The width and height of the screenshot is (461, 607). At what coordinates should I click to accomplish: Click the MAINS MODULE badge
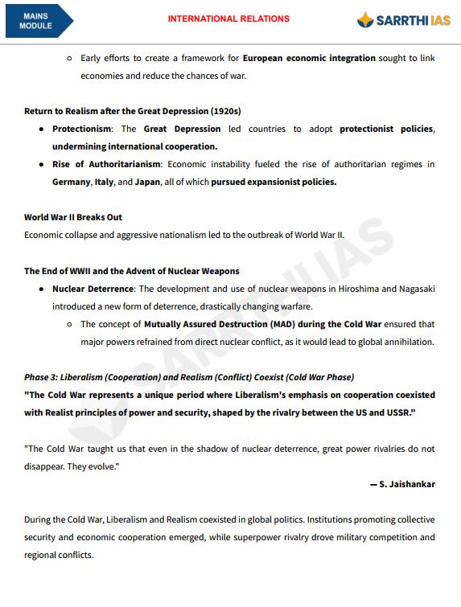[x=36, y=21]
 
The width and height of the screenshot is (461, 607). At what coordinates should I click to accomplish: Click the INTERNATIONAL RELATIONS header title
[x=228, y=18]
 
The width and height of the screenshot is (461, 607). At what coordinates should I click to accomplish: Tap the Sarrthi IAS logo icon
[x=366, y=20]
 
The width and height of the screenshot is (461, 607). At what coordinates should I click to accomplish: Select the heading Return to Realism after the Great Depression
[x=132, y=111]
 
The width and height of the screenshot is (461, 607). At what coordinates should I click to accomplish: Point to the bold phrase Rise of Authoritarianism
[x=105, y=164]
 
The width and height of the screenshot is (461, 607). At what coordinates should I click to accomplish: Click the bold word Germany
[x=71, y=182]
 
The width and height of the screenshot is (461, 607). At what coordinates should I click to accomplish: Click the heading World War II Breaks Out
[x=73, y=217]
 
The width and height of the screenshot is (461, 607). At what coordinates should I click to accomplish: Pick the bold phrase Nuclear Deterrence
[x=92, y=288]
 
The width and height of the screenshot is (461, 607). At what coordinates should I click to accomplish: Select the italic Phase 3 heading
[x=188, y=377]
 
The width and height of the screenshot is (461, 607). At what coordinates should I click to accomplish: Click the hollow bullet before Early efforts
[x=69, y=59]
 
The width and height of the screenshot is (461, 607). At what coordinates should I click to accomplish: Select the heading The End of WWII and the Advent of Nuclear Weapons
[x=131, y=271]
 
